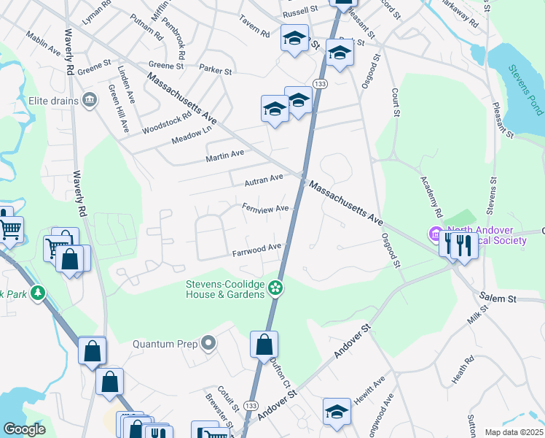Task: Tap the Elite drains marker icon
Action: click(x=90, y=99)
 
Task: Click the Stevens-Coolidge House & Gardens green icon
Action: click(x=275, y=289)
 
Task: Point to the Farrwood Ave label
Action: click(x=256, y=250)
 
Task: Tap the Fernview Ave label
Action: click(x=265, y=209)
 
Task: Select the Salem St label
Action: click(x=498, y=298)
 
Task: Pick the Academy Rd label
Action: click(x=430, y=197)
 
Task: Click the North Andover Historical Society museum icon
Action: click(x=436, y=236)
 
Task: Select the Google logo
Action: click(x=24, y=429)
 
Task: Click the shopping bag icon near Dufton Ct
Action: click(x=264, y=345)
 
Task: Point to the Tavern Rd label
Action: click(x=256, y=34)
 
